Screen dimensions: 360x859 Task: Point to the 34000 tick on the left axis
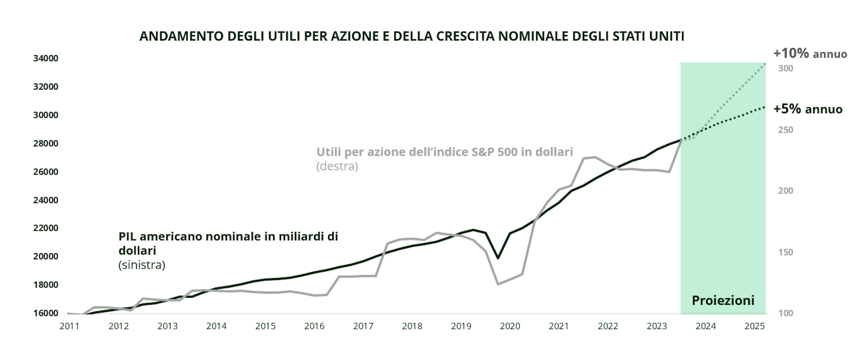[x=46, y=58]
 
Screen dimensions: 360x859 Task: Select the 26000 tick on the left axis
[x=46, y=172]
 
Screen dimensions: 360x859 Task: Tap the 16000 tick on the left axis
[x=46, y=313]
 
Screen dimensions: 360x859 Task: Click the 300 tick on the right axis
[x=786, y=69]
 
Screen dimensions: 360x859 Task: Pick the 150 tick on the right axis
[x=786, y=252]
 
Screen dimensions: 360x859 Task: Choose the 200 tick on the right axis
[x=786, y=191]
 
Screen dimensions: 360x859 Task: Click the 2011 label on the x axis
[x=69, y=326]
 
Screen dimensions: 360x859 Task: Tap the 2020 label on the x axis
[x=510, y=326]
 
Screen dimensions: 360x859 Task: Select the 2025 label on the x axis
[x=755, y=326]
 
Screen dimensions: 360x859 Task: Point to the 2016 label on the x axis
[x=314, y=326]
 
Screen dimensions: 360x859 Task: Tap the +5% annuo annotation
[x=808, y=109]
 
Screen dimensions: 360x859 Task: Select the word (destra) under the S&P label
[x=337, y=166]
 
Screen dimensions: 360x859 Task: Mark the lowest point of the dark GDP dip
[x=498, y=258]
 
